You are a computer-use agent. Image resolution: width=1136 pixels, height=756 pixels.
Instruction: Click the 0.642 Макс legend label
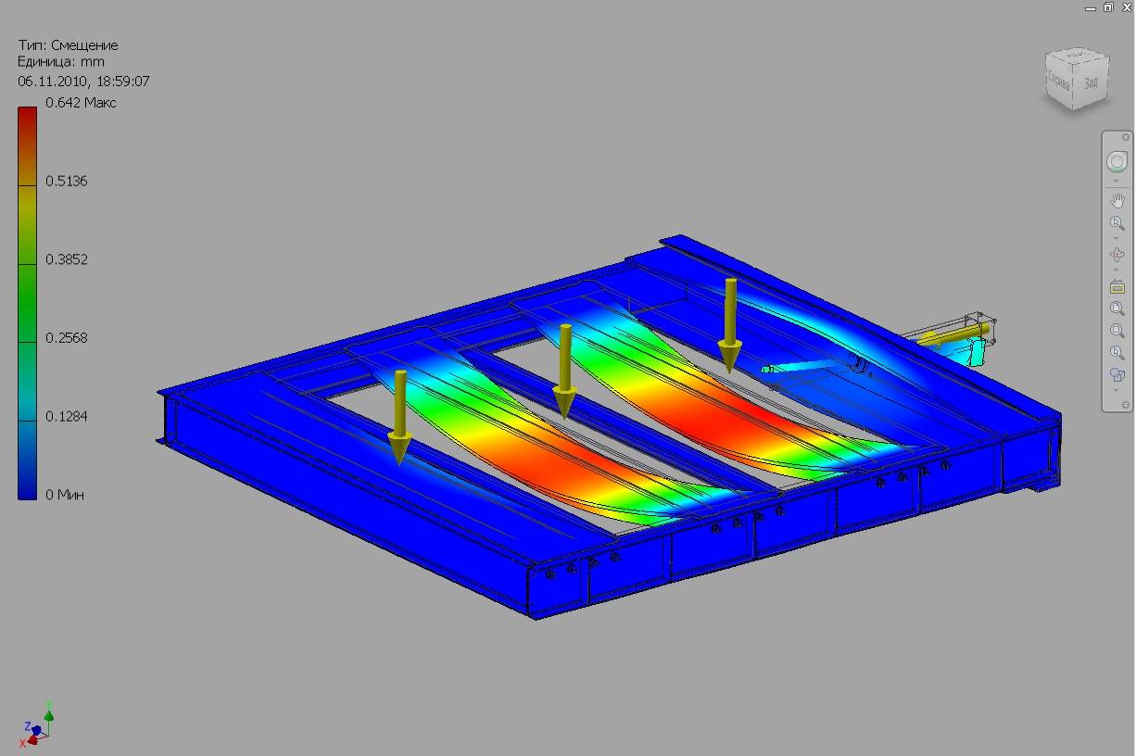point(81,103)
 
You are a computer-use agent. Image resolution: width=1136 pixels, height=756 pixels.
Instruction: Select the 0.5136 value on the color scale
point(67,181)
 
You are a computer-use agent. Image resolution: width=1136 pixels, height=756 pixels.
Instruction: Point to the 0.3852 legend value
point(67,259)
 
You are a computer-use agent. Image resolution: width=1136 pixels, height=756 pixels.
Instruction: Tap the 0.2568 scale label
point(67,338)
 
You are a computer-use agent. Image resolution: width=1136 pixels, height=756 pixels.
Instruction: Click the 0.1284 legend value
point(67,417)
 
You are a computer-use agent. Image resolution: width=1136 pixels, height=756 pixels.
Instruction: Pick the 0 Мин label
point(65,495)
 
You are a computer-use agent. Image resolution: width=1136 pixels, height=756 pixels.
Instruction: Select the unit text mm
point(93,63)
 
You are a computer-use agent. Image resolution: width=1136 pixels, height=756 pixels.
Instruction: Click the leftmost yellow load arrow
point(399,416)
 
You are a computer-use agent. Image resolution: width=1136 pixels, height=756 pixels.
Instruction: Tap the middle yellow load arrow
point(564,371)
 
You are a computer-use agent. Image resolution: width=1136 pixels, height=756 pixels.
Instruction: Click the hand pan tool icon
point(1117,200)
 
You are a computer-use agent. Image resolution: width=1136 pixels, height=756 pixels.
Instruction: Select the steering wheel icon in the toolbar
point(1117,162)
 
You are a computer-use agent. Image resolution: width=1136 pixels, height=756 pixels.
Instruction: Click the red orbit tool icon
point(1117,255)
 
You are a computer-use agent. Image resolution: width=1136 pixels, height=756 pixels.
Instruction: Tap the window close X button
point(1127,6)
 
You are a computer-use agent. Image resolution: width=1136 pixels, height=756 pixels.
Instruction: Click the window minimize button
point(1091,7)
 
